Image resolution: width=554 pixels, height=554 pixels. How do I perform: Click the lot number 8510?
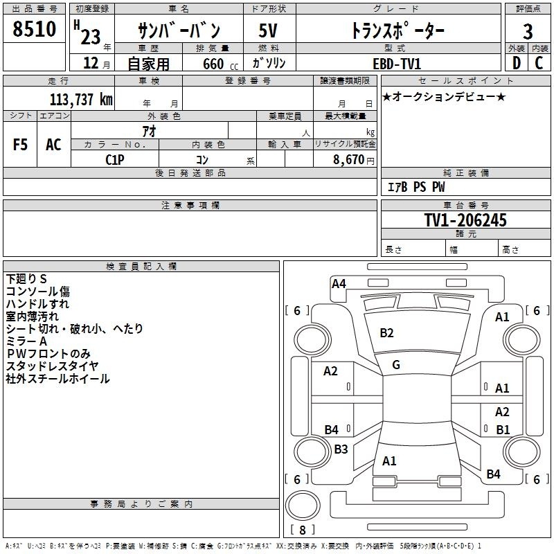34,29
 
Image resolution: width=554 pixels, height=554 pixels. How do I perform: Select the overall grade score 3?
528,32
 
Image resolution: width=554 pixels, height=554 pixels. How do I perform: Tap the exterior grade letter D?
516,63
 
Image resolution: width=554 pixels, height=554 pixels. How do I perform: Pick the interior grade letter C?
539,63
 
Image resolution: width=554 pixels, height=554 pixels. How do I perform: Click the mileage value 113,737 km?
81,100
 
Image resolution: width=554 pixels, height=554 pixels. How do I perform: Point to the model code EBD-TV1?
397,64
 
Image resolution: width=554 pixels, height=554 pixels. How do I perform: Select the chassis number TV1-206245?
465,220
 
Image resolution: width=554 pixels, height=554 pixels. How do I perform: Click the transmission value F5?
20,145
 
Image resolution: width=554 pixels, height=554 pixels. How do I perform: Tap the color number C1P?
115,160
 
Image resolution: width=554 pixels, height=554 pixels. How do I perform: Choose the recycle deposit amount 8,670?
348,160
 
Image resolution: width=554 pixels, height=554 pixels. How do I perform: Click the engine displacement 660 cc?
220,64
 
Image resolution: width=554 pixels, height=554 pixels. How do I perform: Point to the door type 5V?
268,30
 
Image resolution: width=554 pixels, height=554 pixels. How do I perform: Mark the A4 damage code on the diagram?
339,284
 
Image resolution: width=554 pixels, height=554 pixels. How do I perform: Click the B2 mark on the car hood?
386,333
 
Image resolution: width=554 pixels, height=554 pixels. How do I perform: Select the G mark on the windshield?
396,365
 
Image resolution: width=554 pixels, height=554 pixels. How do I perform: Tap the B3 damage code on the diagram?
341,449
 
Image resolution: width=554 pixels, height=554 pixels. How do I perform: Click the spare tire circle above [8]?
303,506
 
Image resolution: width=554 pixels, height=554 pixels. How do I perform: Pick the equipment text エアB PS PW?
416,187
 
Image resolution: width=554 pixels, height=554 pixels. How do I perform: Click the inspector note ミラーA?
26,341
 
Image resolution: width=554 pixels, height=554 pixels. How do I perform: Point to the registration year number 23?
91,37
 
